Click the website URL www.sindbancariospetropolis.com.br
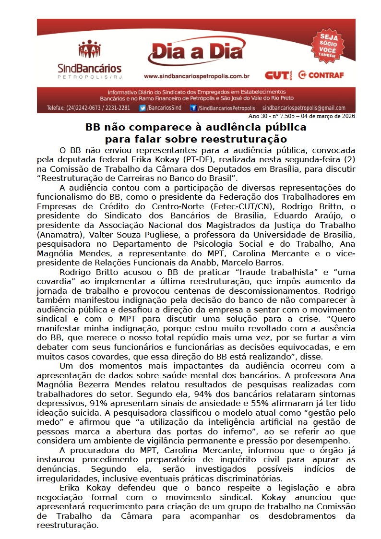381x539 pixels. [197, 76]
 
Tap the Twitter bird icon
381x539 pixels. [143, 108]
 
